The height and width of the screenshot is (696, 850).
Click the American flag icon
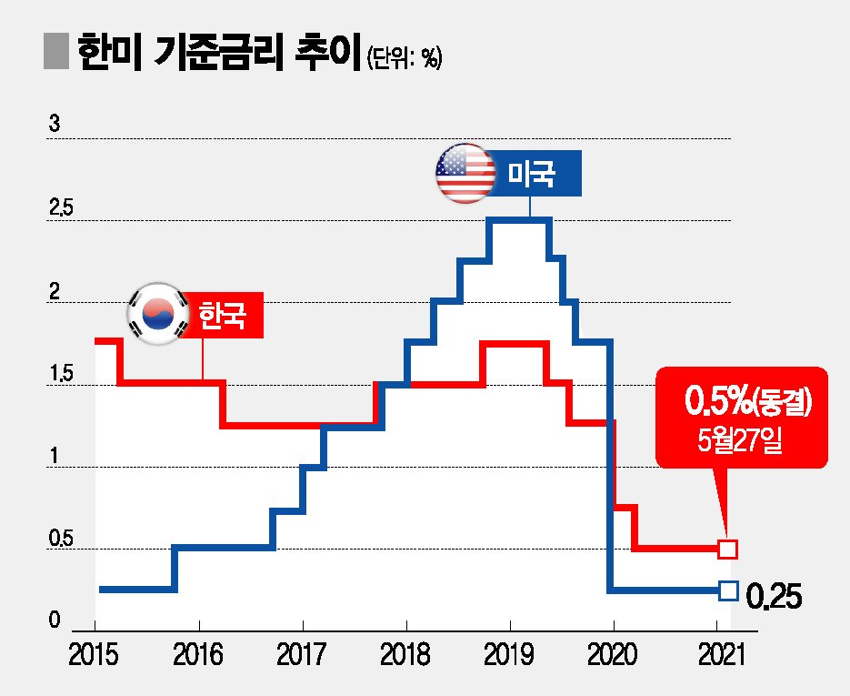click(465, 173)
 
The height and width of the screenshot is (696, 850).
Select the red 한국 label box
click(224, 315)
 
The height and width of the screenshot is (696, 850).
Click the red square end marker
click(727, 549)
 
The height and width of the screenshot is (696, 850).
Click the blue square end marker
click(727, 590)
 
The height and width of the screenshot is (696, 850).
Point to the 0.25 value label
click(774, 598)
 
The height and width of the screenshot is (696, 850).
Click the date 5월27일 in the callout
click(742, 443)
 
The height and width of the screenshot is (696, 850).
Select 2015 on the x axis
click(94, 654)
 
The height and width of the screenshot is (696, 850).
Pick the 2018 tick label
click(405, 654)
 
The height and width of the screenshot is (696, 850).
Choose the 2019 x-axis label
click(508, 654)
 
